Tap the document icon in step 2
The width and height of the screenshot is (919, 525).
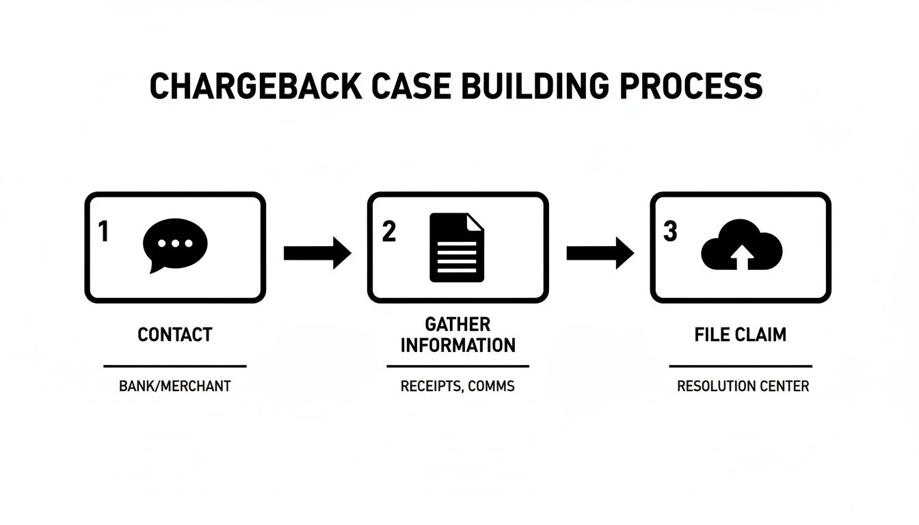tap(457, 247)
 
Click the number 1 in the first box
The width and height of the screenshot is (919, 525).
tap(103, 232)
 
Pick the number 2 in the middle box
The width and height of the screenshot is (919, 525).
tap(388, 232)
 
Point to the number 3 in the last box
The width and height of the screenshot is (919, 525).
tap(670, 232)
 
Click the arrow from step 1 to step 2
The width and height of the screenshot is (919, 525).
tap(317, 253)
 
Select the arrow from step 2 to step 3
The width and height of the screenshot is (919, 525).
tap(600, 253)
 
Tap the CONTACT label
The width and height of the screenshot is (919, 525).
tap(175, 335)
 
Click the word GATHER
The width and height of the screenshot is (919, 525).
tap(457, 323)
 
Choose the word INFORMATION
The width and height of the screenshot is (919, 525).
tap(457, 345)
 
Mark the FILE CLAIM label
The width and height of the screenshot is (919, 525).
tap(740, 335)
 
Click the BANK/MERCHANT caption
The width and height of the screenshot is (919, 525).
tap(175, 386)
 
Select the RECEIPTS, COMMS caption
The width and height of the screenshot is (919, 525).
tap(457, 386)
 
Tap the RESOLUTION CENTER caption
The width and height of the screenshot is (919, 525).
tap(743, 386)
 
